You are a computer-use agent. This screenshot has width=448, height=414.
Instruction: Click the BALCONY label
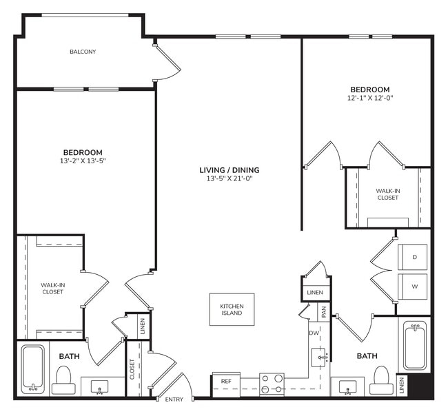82,52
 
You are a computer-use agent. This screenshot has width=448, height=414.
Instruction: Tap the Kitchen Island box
232,309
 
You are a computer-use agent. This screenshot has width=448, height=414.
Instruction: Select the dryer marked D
414,256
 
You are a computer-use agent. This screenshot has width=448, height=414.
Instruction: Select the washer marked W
414,286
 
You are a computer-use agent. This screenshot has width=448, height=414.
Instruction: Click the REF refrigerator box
225,381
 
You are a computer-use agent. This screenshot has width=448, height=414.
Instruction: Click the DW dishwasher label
314,333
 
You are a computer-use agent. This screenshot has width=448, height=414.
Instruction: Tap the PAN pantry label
322,312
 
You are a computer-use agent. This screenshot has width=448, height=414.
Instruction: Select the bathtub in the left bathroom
32,368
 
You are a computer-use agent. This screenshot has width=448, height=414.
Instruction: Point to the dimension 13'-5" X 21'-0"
229,180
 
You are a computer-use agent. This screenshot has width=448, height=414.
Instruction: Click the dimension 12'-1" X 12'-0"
369,99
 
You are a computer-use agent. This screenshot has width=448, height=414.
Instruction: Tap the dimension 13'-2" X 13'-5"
83,161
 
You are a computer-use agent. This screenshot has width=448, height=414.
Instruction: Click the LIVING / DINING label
229,170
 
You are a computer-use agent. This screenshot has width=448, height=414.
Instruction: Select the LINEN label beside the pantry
314,293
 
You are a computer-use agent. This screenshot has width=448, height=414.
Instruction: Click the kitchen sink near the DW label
318,358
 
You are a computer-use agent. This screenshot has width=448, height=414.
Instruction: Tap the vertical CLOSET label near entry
131,369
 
